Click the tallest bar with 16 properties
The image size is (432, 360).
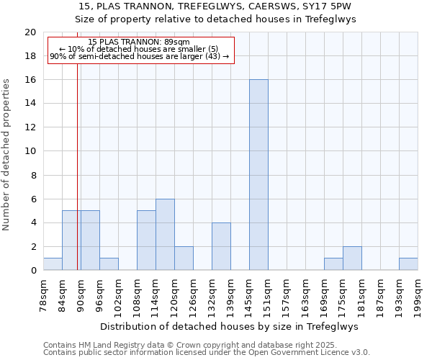(258, 175)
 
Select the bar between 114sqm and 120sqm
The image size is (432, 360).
(165, 235)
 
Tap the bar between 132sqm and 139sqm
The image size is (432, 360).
(221, 246)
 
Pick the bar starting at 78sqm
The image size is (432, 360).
(53, 264)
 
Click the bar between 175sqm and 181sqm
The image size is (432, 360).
(352, 258)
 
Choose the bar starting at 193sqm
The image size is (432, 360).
(408, 264)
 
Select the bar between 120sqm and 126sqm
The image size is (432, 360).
(184, 258)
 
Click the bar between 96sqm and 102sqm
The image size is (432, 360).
(109, 264)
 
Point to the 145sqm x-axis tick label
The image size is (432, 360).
(249, 293)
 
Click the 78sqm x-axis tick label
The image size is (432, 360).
(43, 293)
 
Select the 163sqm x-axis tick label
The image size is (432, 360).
(305, 293)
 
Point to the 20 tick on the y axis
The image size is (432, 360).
(30, 32)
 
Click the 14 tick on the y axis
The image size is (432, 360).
(30, 104)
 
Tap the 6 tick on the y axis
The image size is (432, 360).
(32, 199)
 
